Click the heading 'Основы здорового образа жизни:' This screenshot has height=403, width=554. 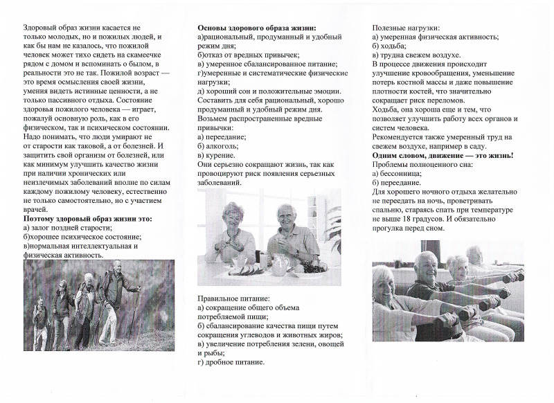(257, 27)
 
